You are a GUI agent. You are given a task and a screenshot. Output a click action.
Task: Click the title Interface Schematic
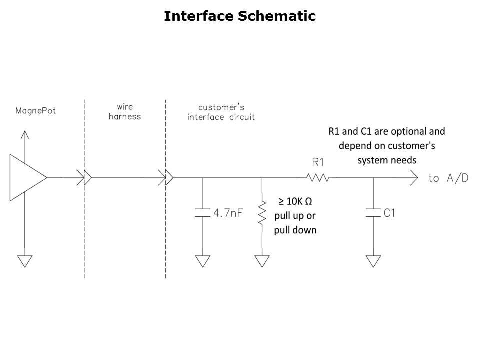pos(240,16)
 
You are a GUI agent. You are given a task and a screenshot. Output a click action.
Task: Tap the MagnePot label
pos(35,110)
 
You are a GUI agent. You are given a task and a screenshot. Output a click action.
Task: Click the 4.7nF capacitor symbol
pos(203,213)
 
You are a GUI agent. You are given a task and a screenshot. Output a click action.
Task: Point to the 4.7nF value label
pos(228,213)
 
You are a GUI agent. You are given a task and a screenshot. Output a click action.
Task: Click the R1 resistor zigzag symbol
pos(317,177)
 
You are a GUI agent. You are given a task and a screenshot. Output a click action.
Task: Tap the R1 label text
pos(318,162)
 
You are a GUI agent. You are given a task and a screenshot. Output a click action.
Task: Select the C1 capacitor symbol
pos(373,213)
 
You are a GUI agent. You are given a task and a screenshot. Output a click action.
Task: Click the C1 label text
pos(390,213)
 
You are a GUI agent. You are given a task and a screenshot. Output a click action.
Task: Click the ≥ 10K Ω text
pos(295,201)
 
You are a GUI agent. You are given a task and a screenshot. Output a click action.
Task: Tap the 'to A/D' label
pos(448,178)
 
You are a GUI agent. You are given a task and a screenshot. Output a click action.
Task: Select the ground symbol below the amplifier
pos(24,261)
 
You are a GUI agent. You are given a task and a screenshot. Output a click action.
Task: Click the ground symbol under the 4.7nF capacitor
pos(203,261)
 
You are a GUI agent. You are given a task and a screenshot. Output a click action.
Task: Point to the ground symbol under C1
pos(373,261)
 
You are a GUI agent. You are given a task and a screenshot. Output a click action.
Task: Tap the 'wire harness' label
pos(125,112)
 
